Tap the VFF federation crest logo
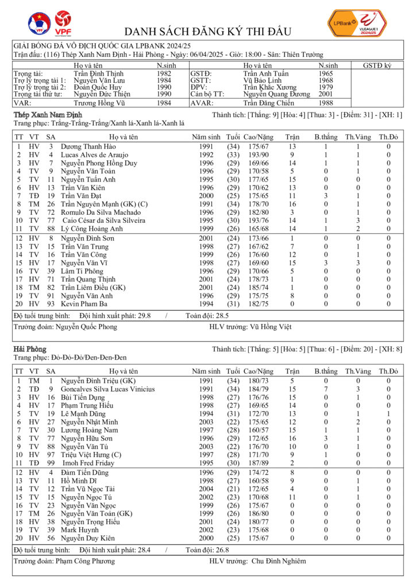tap(39, 23)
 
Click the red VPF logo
tap(63, 23)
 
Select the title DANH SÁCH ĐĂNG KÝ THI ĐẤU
tap(207, 32)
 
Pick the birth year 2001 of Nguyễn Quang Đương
tap(326, 94)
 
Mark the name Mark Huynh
tap(79, 529)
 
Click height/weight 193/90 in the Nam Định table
tap(257, 155)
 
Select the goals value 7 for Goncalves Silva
tap(326, 389)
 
